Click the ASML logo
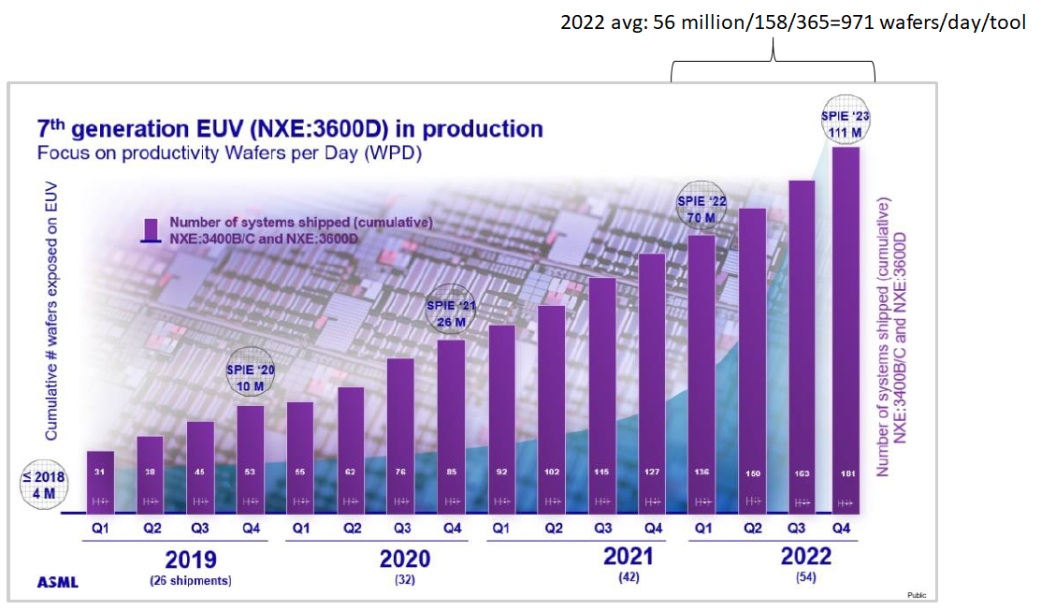(x=57, y=582)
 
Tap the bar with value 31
(x=101, y=482)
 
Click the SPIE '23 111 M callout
(x=845, y=123)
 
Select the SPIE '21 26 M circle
(x=451, y=313)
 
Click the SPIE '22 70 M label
(x=701, y=210)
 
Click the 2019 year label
(x=191, y=559)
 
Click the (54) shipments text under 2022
(x=805, y=578)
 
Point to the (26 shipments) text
(x=191, y=580)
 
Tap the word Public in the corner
(x=917, y=595)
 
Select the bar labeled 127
(x=652, y=384)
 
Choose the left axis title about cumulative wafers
(x=52, y=309)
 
